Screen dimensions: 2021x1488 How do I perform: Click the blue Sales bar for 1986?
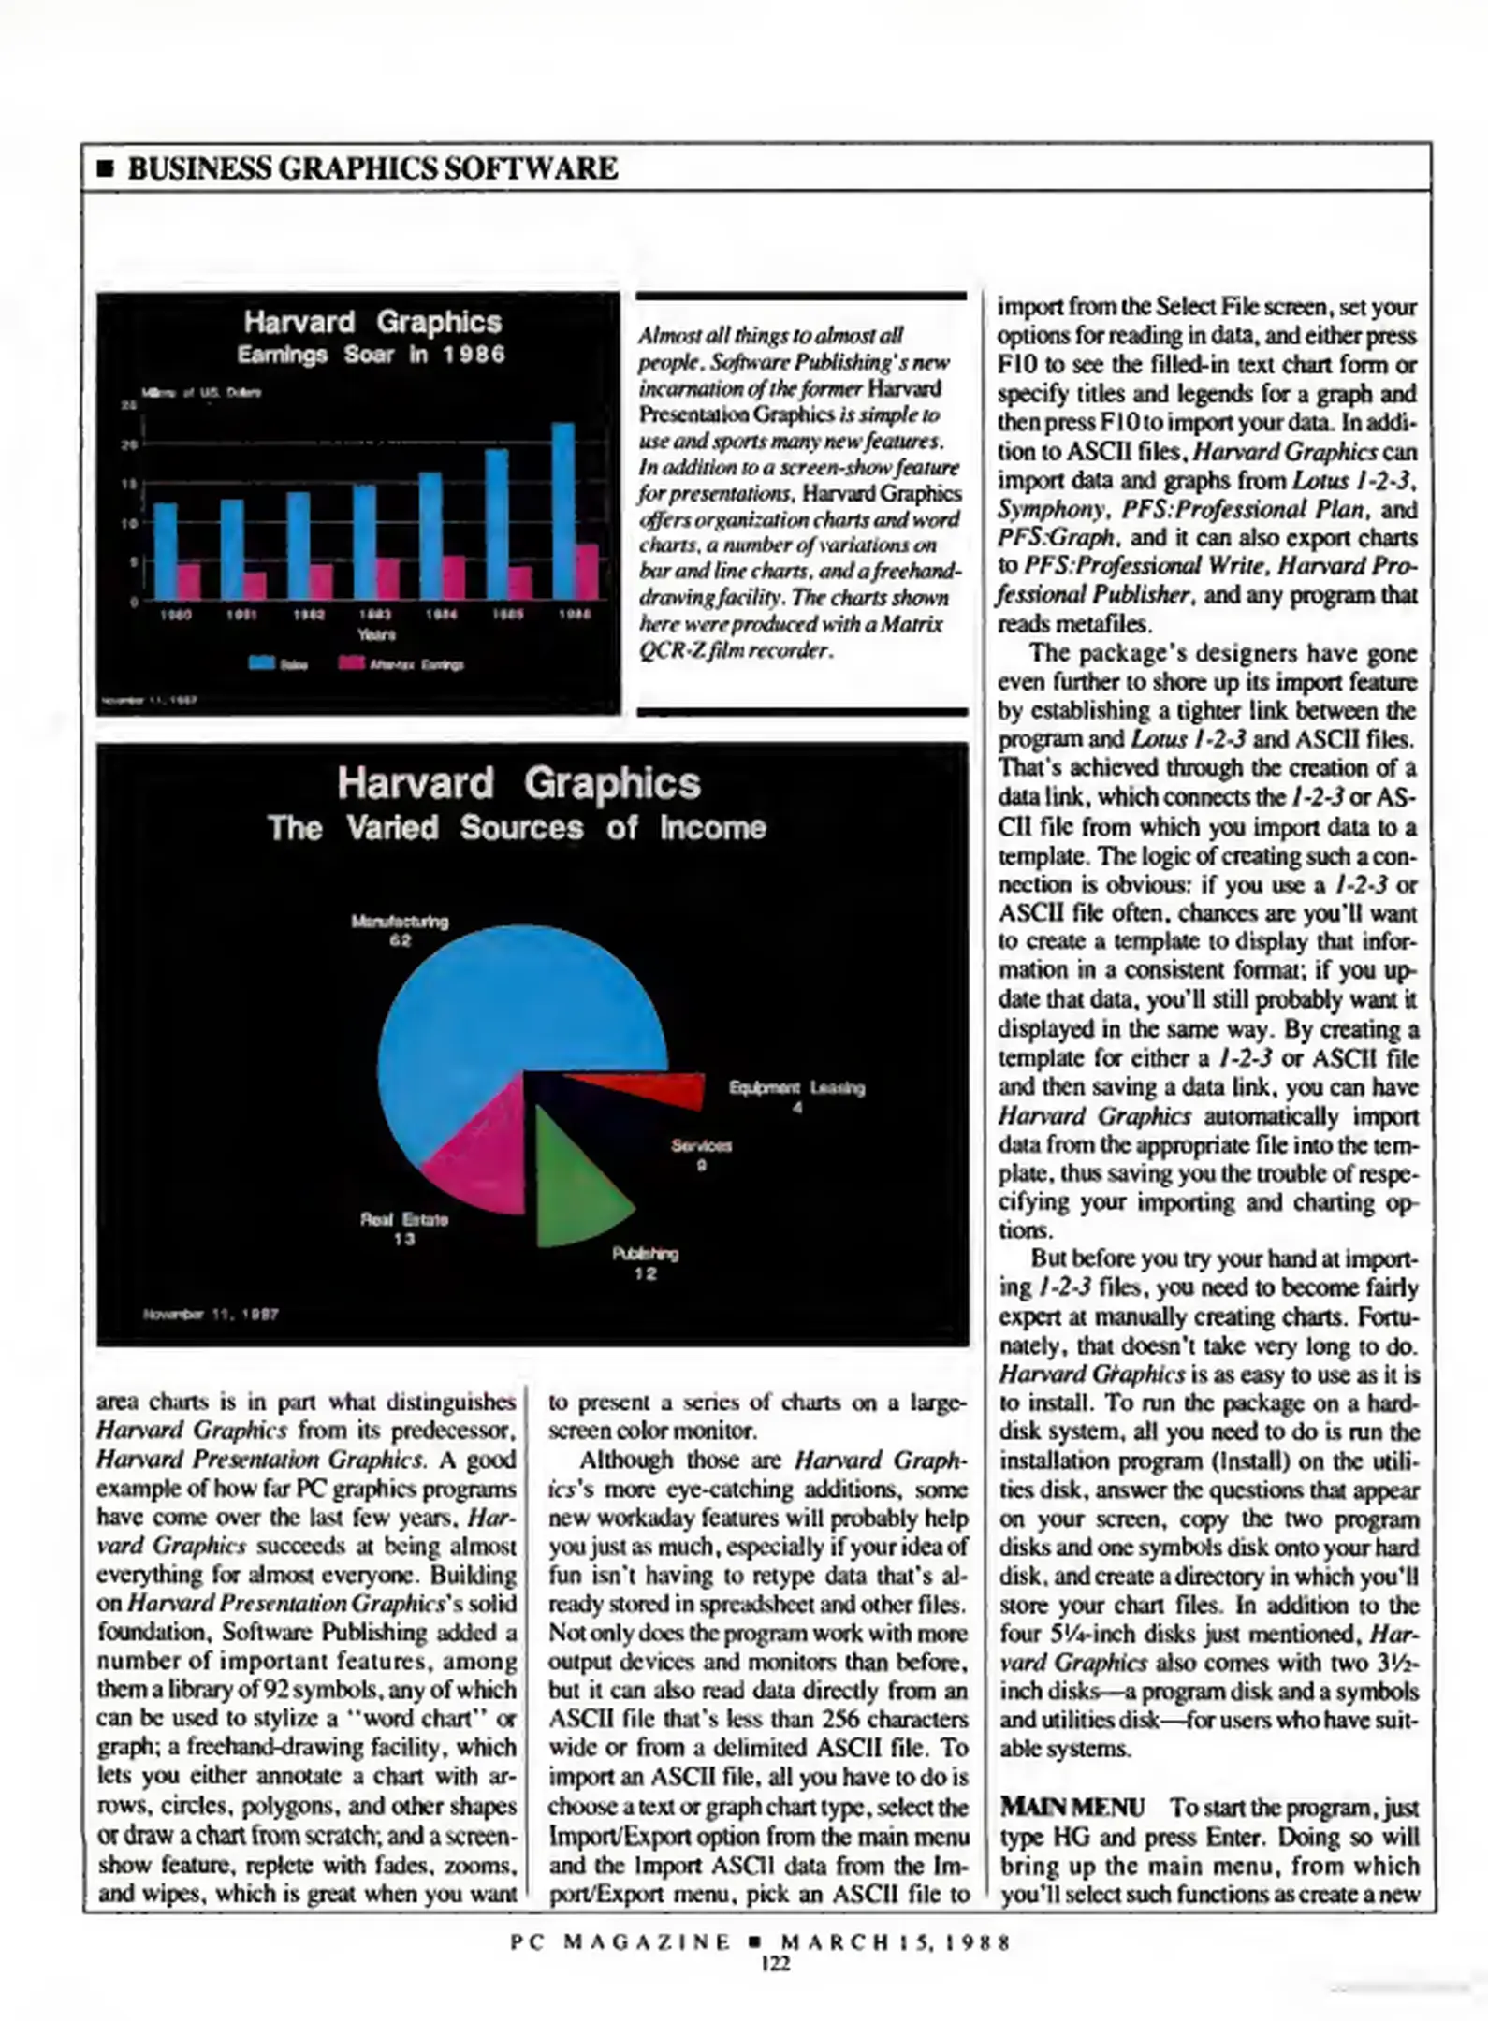tap(562, 510)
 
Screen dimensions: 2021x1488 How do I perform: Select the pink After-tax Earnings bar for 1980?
tap(189, 580)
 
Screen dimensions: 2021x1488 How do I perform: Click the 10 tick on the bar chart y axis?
tap(128, 523)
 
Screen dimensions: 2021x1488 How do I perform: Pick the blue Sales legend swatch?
tap(261, 662)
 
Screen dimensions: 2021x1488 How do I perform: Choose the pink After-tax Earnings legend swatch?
tap(351, 662)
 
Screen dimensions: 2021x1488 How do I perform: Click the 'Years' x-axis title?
tap(376, 634)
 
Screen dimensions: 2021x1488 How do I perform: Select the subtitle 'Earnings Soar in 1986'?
tap(371, 355)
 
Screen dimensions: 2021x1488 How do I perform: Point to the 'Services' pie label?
tap(701, 1145)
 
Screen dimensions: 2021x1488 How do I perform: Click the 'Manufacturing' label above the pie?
tap(400, 922)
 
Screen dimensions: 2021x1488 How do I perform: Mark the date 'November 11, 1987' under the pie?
tap(211, 1314)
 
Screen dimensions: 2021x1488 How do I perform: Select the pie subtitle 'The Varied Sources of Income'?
tap(517, 828)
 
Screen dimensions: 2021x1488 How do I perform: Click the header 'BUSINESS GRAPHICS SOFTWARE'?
tap(372, 168)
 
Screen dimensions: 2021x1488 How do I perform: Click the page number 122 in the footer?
tap(775, 1964)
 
